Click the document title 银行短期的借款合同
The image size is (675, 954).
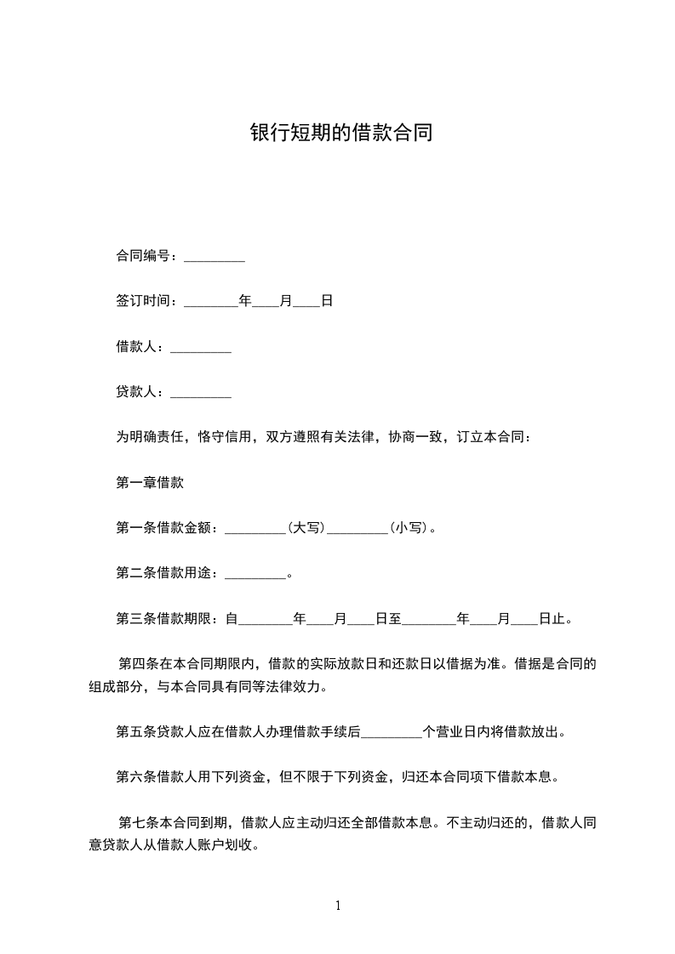[x=340, y=133]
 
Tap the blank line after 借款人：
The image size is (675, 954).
[x=201, y=347]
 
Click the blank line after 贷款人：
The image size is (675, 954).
[x=201, y=393]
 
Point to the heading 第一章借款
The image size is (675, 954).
[x=150, y=483]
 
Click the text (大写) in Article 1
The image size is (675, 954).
[x=306, y=528]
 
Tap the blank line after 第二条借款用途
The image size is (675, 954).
[x=255, y=574]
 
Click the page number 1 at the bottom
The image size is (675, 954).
[x=338, y=906]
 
